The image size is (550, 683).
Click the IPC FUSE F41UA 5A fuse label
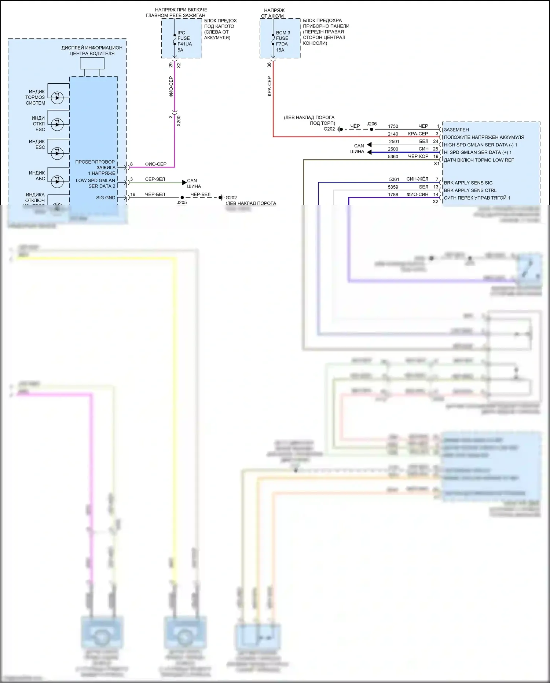(x=184, y=41)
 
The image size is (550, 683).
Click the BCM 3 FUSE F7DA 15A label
(x=283, y=41)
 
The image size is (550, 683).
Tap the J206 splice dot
(x=371, y=129)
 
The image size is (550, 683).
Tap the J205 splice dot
(x=182, y=197)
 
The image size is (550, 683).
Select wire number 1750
(x=393, y=126)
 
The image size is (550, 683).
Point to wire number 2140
(x=393, y=134)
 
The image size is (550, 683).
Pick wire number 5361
(x=394, y=179)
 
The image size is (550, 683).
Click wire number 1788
(x=393, y=195)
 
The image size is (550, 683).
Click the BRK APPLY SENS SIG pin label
(x=468, y=183)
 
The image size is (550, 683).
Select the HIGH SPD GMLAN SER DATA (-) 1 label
(x=480, y=145)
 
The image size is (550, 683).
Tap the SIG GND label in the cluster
(x=106, y=198)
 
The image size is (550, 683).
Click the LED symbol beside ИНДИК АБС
(x=57, y=181)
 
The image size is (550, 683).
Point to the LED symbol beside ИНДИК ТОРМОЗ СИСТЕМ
(x=57, y=98)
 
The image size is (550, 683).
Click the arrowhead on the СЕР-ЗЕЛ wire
(x=184, y=182)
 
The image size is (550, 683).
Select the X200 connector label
(x=179, y=121)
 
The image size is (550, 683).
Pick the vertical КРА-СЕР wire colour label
(x=269, y=86)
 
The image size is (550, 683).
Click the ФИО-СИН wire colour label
(x=417, y=195)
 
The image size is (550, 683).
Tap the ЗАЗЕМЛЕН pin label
(x=456, y=130)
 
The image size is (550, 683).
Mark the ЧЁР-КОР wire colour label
(x=418, y=156)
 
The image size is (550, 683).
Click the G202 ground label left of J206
(x=329, y=129)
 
